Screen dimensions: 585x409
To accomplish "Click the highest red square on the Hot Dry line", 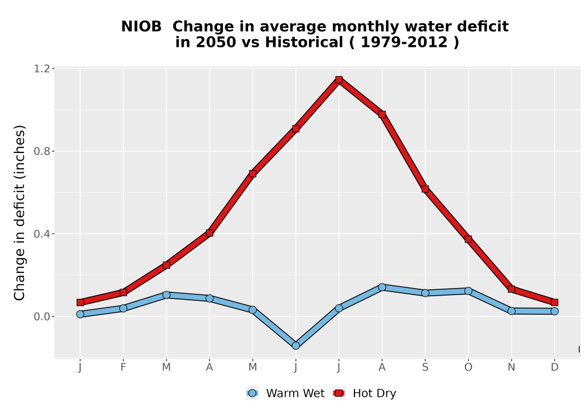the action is [339, 79].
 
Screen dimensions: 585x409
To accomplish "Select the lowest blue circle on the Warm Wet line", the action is [296, 346].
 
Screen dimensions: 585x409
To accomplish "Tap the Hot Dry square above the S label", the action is [425, 189].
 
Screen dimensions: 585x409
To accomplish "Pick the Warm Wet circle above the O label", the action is [468, 290].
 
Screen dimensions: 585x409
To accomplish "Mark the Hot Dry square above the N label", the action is [511, 289].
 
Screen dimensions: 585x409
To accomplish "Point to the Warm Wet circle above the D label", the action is [555, 311].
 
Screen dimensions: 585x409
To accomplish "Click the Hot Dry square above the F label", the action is [123, 292].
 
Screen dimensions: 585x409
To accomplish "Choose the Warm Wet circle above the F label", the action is [123, 308].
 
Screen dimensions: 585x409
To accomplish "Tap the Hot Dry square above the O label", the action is [468, 239].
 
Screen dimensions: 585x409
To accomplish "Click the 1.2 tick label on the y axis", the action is [42, 68].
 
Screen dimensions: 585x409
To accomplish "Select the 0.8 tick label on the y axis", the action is [42, 151].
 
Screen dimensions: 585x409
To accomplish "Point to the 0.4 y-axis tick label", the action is [42, 234].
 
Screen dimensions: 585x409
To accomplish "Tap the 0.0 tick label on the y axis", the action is [42, 317].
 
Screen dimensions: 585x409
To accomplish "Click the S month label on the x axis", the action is [425, 368].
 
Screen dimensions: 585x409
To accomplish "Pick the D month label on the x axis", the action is [555, 368].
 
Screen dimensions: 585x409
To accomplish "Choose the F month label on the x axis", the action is [123, 368].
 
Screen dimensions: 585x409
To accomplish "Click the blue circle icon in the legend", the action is [252, 393].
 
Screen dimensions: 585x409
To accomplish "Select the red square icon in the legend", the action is [339, 393].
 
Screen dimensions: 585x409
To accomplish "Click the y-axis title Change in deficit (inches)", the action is [19, 213].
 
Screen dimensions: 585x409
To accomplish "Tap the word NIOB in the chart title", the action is [142, 26].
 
